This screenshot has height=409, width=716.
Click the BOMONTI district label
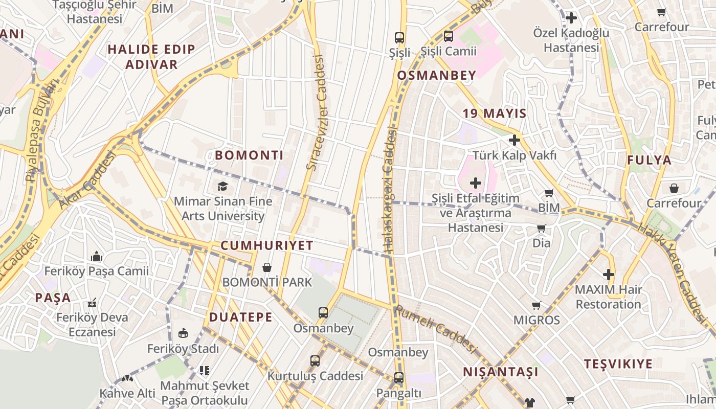pos(249,155)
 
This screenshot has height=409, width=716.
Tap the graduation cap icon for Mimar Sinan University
pos(222,186)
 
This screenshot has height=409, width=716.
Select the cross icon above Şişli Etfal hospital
pos(476,183)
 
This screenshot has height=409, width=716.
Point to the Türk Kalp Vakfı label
pos(514,155)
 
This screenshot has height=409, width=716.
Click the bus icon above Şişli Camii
pos(449,36)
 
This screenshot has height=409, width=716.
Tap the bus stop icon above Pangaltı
pos(398,378)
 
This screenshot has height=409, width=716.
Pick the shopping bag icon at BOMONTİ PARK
pos(266,267)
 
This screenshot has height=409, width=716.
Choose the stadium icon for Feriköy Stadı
pos(183,333)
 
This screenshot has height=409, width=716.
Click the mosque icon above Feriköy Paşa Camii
pos(96,256)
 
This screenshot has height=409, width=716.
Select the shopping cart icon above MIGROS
pos(536,306)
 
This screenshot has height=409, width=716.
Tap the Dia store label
pos(542,243)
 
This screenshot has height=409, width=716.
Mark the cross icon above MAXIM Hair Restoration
pos(608,275)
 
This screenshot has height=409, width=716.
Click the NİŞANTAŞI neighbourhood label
pos(500,372)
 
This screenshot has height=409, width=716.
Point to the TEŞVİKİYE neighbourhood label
pos(618,364)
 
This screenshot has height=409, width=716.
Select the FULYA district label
pos(649,160)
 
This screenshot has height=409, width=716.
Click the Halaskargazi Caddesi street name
pos(390,190)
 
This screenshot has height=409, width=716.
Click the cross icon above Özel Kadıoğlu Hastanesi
pos(571,18)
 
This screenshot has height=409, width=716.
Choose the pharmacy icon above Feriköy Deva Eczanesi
pos(92,303)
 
